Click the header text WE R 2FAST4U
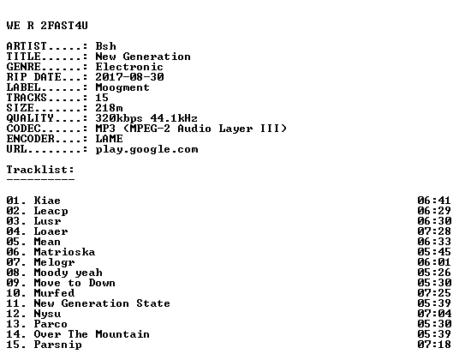click(47, 26)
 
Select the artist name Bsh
click(105, 46)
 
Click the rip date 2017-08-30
click(129, 77)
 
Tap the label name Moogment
click(122, 88)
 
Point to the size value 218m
click(110, 108)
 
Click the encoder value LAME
click(110, 139)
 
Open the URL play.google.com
click(146, 150)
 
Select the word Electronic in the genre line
click(129, 67)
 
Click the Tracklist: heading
click(40, 170)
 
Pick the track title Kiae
click(47, 201)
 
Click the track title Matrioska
click(64, 252)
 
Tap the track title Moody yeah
click(69, 273)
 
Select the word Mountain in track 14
click(122, 334)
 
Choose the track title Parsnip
click(57, 345)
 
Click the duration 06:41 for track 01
click(434, 201)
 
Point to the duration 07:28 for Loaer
click(434, 231)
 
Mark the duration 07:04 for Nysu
click(434, 314)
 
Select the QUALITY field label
click(30, 118)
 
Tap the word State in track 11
click(153, 303)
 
